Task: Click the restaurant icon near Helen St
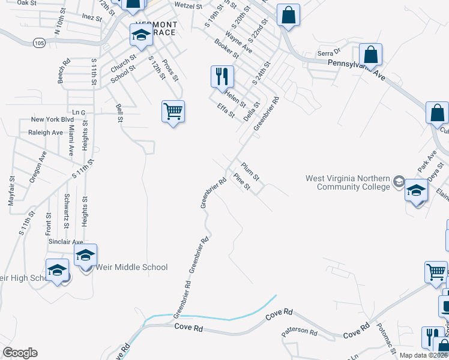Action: tap(221, 76)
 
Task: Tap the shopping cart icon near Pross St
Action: tap(173, 112)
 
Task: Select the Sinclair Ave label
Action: tap(65, 241)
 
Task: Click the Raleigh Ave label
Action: tap(45, 132)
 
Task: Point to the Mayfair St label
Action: tap(11, 191)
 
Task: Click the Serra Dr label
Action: tap(328, 52)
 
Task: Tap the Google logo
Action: tap(20, 352)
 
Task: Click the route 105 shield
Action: tap(40, 43)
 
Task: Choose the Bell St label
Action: tap(119, 113)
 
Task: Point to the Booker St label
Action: tap(227, 48)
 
